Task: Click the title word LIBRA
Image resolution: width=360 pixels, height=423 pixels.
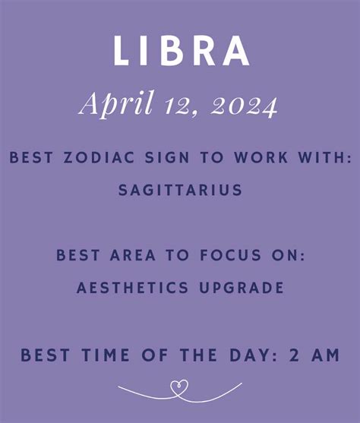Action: click(x=181, y=51)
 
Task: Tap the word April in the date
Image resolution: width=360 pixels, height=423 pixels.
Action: click(x=117, y=104)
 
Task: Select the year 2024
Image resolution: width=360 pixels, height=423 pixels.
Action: click(x=244, y=106)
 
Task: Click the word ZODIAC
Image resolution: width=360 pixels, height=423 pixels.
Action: click(x=99, y=157)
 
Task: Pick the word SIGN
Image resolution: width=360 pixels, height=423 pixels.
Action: click(x=167, y=157)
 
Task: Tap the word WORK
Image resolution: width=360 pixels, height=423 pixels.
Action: click(x=261, y=157)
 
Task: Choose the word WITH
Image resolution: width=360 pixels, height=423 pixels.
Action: click(x=325, y=157)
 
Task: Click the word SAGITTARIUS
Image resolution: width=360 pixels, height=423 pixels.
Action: click(x=180, y=190)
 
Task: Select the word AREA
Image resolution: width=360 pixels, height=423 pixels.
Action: click(x=133, y=255)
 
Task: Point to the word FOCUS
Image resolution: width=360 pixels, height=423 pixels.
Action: click(x=231, y=255)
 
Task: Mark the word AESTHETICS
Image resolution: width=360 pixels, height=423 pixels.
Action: click(x=132, y=288)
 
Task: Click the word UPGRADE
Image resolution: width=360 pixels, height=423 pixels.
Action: click(x=242, y=288)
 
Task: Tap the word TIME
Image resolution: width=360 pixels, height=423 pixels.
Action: click(x=106, y=355)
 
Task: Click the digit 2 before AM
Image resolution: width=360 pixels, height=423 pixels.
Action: click(x=295, y=355)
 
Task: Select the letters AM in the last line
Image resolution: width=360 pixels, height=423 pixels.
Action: click(x=326, y=355)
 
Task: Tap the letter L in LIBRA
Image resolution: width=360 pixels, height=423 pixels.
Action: click(x=121, y=51)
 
